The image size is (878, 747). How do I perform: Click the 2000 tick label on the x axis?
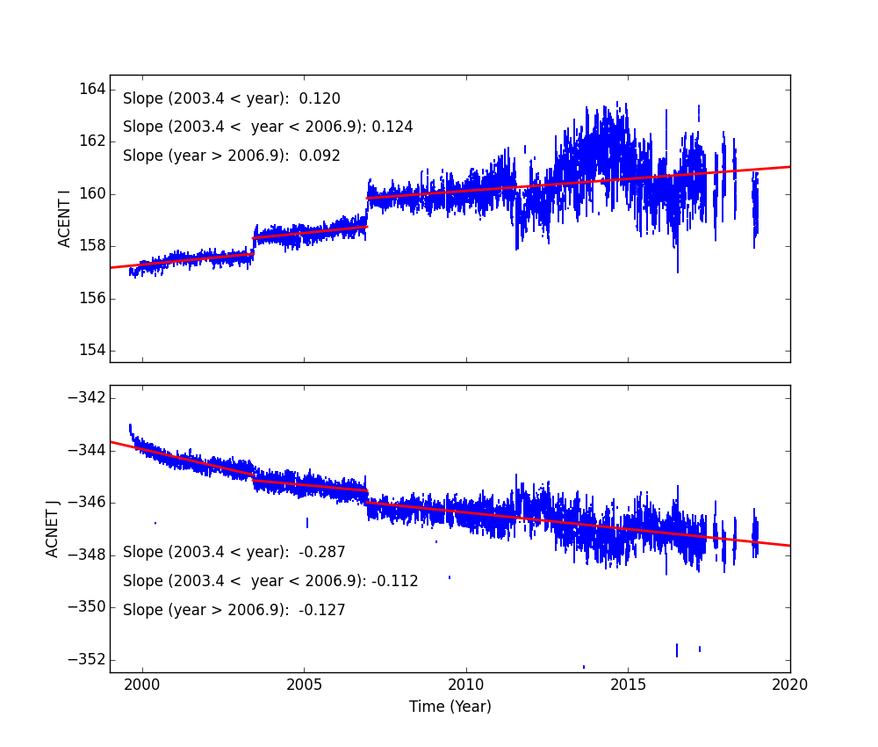[142, 685]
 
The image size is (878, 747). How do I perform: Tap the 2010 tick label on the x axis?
[466, 685]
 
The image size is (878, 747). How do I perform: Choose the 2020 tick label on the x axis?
[790, 685]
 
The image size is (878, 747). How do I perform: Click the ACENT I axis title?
[65, 219]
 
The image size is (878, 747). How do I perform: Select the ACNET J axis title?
[54, 528]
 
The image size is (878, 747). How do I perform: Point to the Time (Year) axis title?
[450, 707]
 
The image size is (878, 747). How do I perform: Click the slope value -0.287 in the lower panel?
[322, 553]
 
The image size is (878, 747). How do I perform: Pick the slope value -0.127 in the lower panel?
[322, 610]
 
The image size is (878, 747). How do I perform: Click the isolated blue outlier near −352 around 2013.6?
[584, 667]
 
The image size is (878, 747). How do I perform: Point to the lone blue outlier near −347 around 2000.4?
[155, 523]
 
